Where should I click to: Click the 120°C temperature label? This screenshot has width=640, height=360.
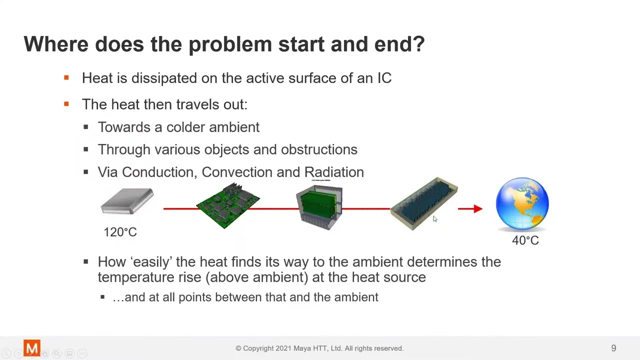pyautogui.click(x=120, y=232)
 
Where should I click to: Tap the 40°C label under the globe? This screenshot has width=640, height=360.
pyautogui.click(x=525, y=240)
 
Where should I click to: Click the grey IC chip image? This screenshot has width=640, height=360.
pyautogui.click(x=127, y=201)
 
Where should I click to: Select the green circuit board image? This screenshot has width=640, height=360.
pyautogui.click(x=228, y=205)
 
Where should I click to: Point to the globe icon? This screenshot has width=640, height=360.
pyautogui.click(x=522, y=203)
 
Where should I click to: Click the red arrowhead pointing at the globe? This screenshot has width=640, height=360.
pyautogui.click(x=477, y=208)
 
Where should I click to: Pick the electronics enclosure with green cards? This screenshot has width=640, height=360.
pyautogui.click(x=319, y=207)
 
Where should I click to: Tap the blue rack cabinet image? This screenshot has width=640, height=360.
pyautogui.click(x=423, y=203)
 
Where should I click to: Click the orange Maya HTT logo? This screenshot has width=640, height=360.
pyautogui.click(x=32, y=348)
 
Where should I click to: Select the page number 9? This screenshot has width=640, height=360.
pyautogui.click(x=613, y=348)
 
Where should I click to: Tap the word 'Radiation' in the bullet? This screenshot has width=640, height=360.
pyautogui.click(x=333, y=172)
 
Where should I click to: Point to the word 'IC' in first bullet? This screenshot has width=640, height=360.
pyautogui.click(x=384, y=78)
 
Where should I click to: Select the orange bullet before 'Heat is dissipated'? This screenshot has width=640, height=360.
pyautogui.click(x=66, y=78)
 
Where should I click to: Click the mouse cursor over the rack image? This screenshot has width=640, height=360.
pyautogui.click(x=434, y=218)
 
